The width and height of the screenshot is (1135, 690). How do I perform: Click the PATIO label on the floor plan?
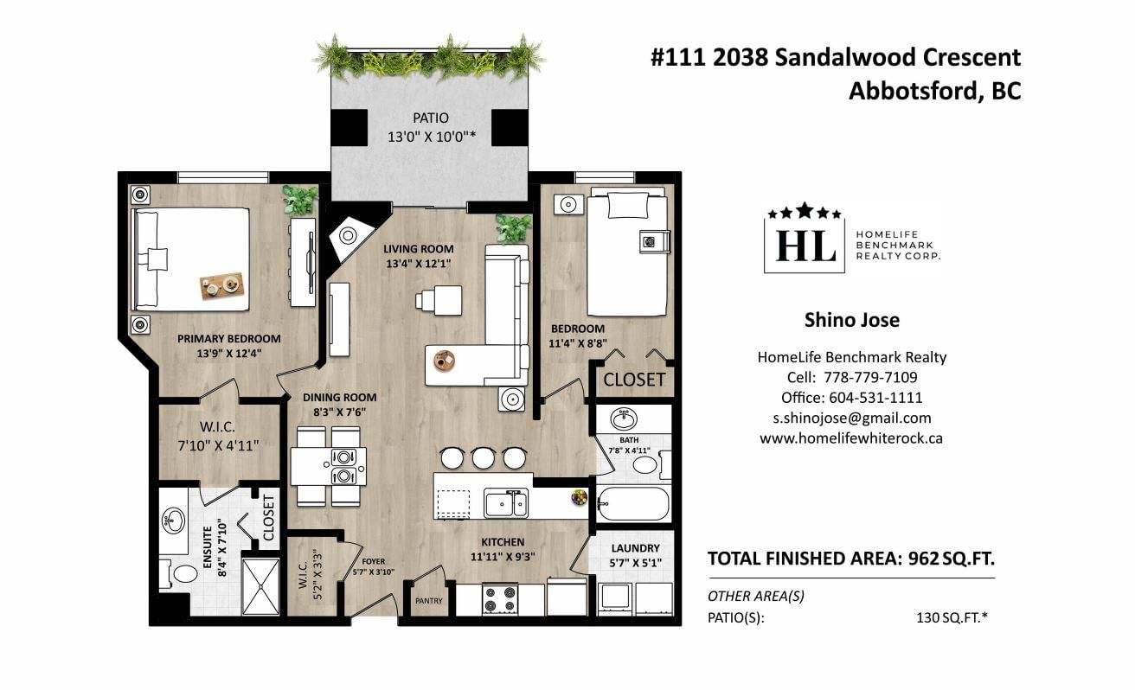coord(431,118)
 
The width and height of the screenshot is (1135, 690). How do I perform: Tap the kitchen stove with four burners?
coord(500,598)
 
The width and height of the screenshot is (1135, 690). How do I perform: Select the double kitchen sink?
coord(506,503)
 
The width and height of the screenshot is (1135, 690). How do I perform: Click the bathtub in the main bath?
coord(633,503)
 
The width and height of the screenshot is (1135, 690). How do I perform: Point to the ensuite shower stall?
coord(261,586)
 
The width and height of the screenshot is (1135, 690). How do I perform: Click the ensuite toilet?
coord(179,574)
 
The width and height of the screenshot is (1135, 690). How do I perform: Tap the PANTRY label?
coord(429,601)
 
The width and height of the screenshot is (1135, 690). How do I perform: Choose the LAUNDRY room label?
coord(635,548)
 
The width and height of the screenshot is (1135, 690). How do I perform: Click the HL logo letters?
coord(806,246)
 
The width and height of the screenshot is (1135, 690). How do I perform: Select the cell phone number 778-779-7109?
coord(870,377)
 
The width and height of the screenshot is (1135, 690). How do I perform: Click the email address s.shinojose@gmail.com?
coord(852,418)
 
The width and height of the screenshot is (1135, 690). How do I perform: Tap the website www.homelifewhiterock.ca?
coord(851,438)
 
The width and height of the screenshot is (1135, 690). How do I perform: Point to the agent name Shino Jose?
coord(852,320)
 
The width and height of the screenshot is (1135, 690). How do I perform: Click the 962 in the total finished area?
coord(923,559)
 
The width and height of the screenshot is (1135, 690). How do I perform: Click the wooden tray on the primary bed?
coord(222,285)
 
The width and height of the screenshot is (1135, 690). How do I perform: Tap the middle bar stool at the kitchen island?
coord(483,457)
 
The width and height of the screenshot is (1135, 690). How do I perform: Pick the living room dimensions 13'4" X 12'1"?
coord(419,264)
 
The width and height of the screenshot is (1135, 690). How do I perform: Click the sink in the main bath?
coord(624,419)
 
